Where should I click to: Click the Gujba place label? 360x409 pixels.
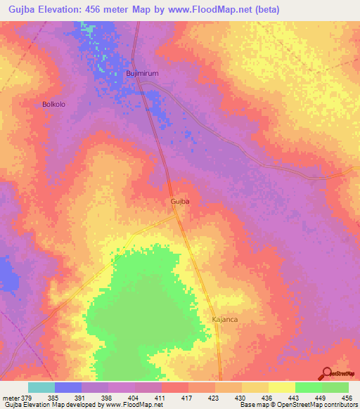[x=180, y=201]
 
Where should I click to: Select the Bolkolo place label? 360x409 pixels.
[x=54, y=104]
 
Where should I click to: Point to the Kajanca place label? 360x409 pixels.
[x=224, y=319]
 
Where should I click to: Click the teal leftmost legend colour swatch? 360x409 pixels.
[x=41, y=387]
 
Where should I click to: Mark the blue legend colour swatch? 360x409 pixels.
[x=68, y=387]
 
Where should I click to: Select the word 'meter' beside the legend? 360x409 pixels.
[x=10, y=397]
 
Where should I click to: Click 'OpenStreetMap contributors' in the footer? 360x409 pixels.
[x=316, y=405]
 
